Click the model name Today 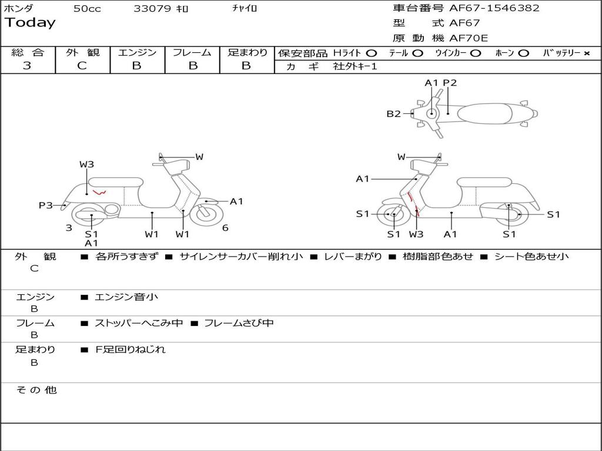[x=30, y=23]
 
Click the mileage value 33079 [x=152, y=9]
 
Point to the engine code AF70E [x=469, y=39]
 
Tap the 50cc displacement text [x=87, y=9]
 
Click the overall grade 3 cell [x=27, y=66]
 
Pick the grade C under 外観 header [x=82, y=66]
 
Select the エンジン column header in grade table [x=137, y=52]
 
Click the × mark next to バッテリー [x=586, y=53]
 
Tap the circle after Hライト [x=372, y=53]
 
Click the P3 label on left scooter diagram [x=46, y=205]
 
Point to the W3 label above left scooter [x=86, y=164]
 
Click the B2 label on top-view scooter [x=393, y=114]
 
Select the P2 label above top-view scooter [x=450, y=83]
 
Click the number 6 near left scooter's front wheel [x=225, y=228]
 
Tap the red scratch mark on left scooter [x=99, y=192]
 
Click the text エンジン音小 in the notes [x=126, y=297]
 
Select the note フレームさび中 [x=239, y=323]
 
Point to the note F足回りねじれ [x=131, y=349]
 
